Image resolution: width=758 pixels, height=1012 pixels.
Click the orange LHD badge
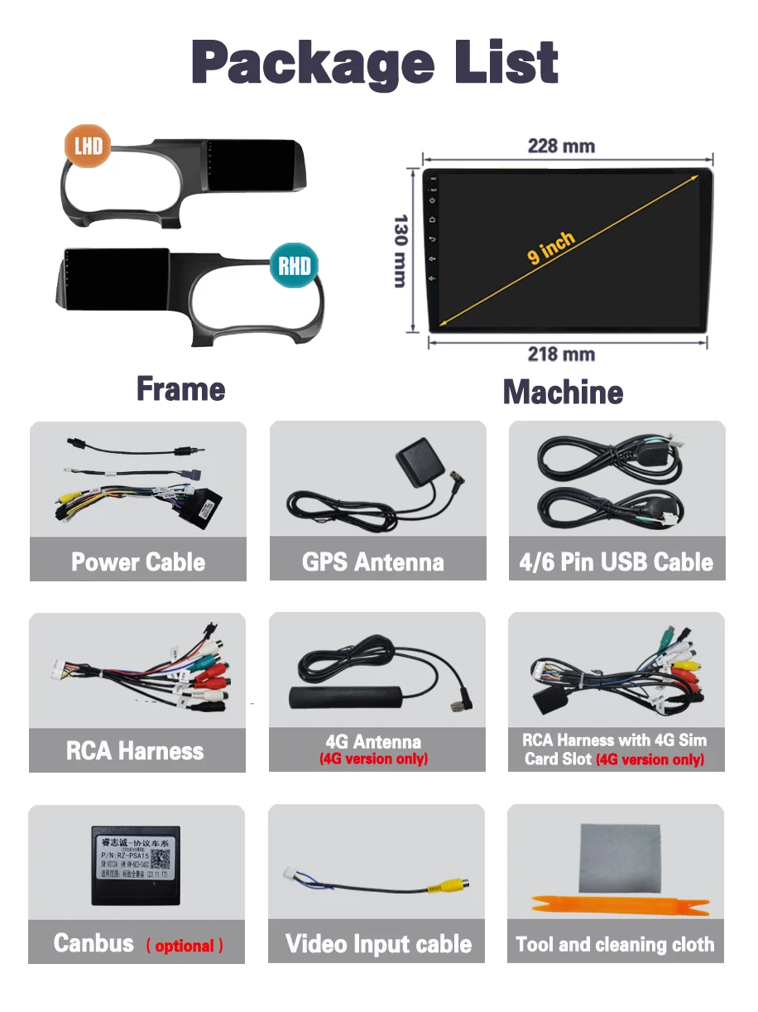tap(89, 147)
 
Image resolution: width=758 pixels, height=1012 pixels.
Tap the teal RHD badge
tap(295, 265)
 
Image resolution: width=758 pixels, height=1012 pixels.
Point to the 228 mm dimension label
tap(561, 146)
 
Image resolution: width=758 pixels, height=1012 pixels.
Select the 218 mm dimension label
tap(561, 354)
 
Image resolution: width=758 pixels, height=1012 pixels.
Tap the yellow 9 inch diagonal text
tap(550, 248)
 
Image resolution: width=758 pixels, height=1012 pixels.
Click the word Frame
tap(180, 389)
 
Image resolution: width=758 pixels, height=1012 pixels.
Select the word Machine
tap(563, 392)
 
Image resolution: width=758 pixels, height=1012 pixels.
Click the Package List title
tap(375, 62)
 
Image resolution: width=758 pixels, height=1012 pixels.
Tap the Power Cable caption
tap(138, 562)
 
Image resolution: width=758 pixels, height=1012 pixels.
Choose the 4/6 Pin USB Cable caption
tap(616, 562)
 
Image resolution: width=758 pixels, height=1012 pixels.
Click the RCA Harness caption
tap(135, 751)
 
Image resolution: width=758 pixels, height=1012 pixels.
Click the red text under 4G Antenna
tap(374, 759)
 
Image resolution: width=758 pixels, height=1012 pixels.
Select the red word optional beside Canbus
tap(185, 946)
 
